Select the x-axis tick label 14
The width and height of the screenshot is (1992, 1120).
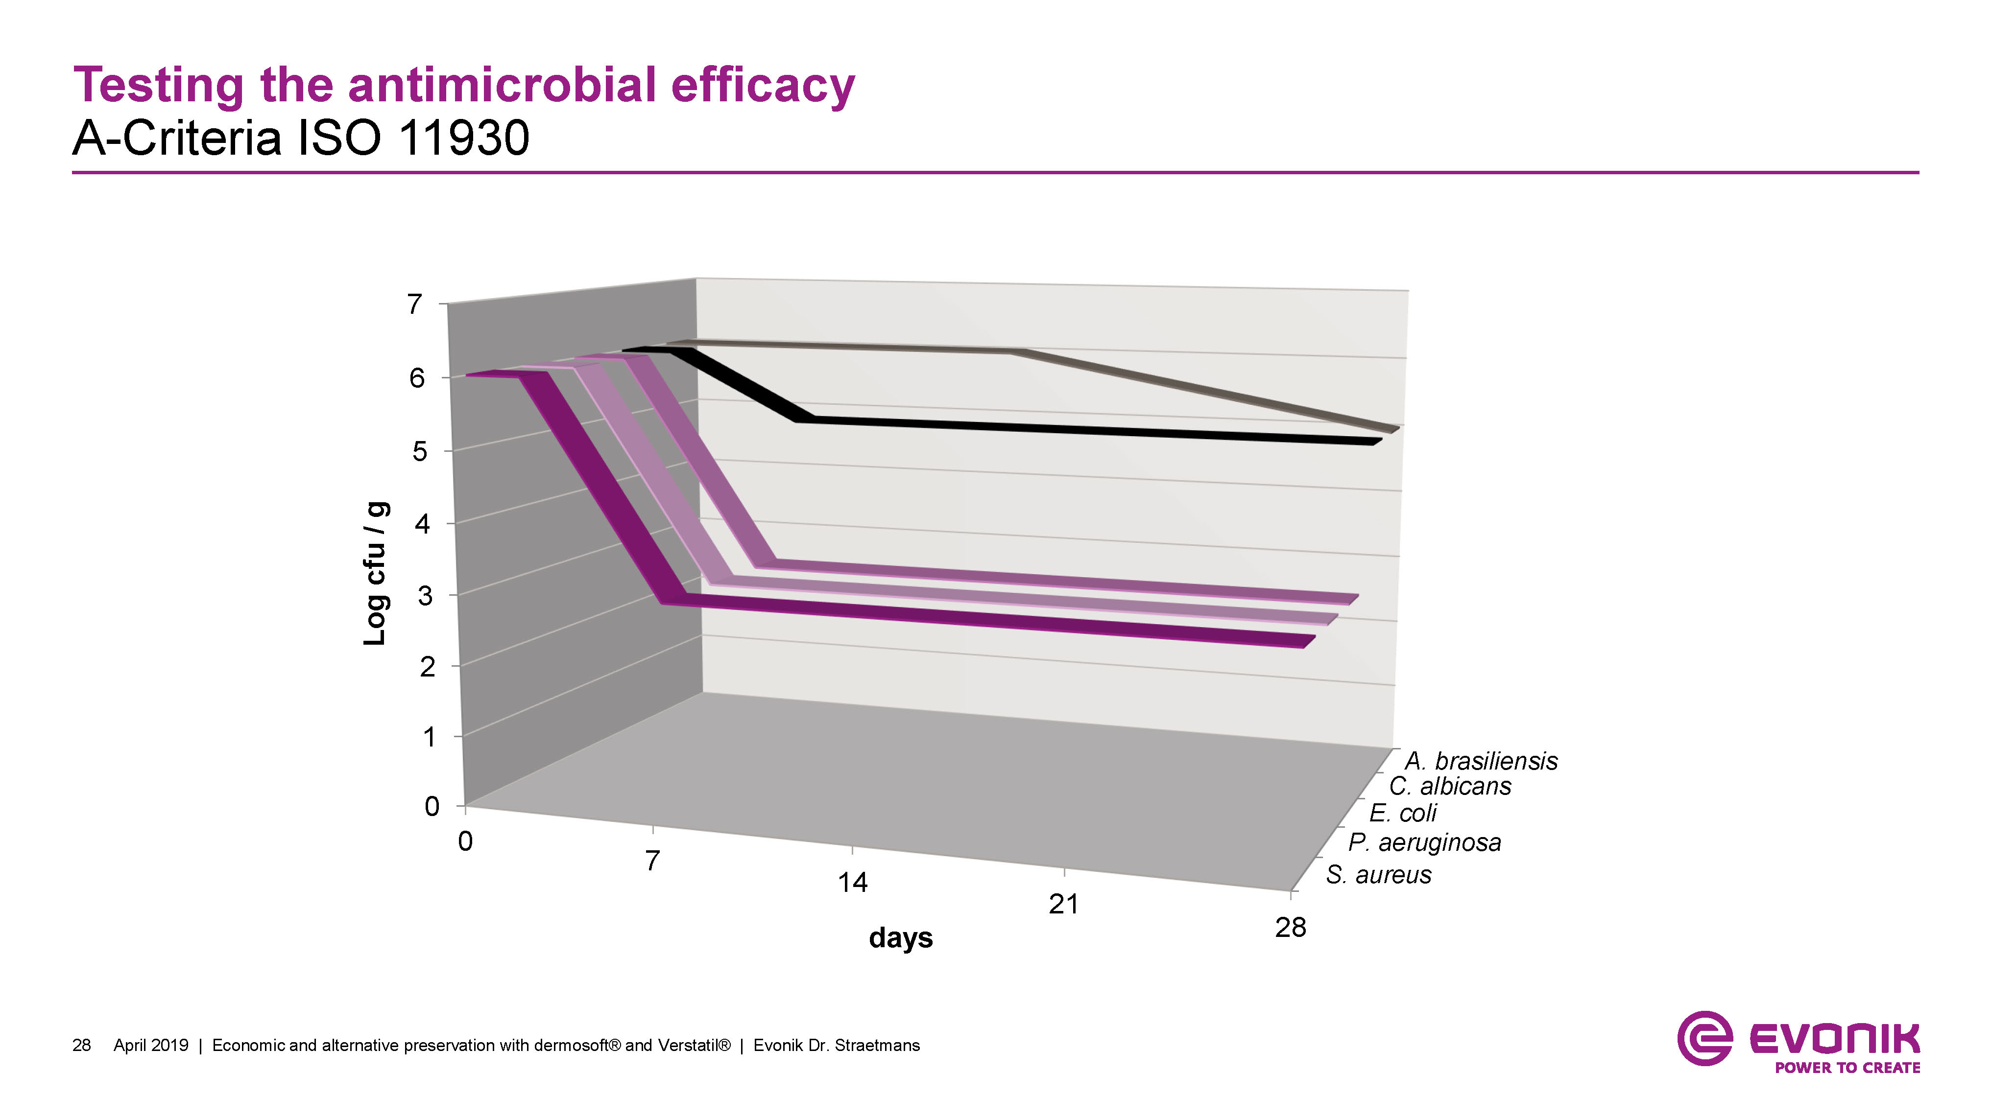[x=852, y=883]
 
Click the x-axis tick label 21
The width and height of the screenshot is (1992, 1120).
[x=1063, y=904]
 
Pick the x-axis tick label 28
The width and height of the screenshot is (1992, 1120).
[x=1290, y=928]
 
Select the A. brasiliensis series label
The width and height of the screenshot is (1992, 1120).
[x=1481, y=761]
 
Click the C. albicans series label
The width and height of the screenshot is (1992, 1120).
[x=1450, y=787]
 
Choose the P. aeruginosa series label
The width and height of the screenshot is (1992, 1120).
[x=1424, y=842]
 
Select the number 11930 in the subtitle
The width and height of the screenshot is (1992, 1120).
[x=464, y=139]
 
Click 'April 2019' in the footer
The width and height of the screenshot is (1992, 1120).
[x=151, y=1046]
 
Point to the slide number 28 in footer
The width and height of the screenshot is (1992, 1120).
[x=81, y=1046]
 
